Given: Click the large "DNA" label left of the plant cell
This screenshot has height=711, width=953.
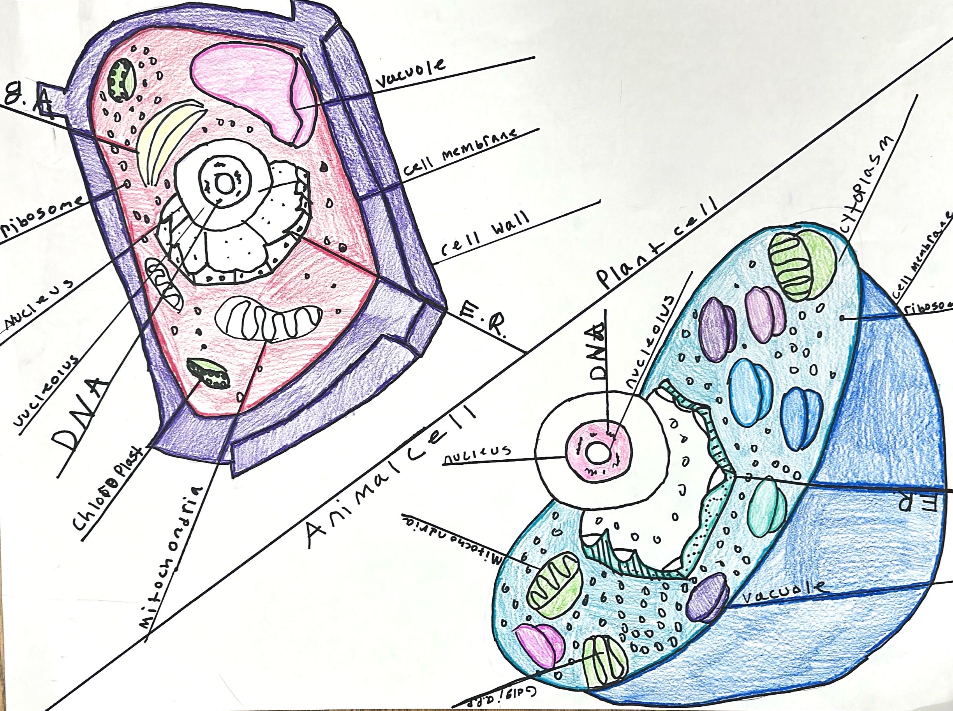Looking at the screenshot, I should coord(82,413).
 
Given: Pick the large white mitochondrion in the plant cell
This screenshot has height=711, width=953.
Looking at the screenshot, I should coord(269,318).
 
